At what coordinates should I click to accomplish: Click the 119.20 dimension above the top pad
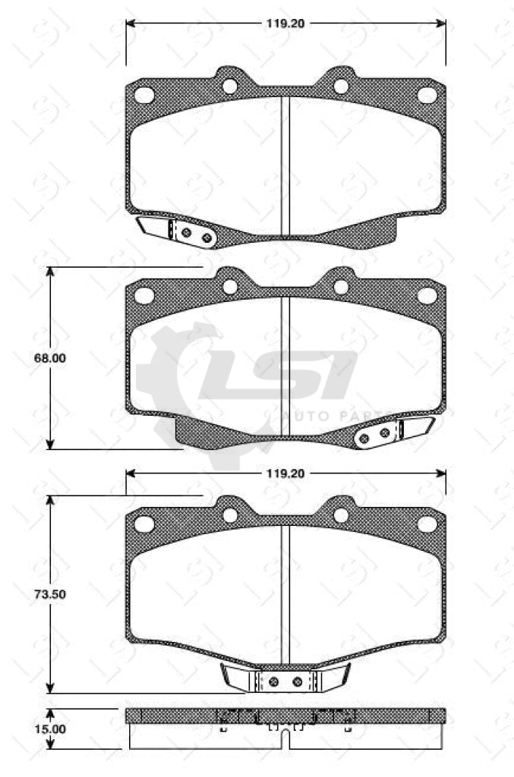pyautogui.click(x=285, y=23)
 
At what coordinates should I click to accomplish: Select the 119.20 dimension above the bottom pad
pyautogui.click(x=285, y=473)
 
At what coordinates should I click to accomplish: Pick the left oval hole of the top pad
pyautogui.click(x=143, y=95)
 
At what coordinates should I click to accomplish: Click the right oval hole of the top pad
pyautogui.click(x=427, y=95)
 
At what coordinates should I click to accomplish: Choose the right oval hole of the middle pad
pyautogui.click(x=427, y=295)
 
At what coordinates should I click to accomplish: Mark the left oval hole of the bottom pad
pyautogui.click(x=143, y=524)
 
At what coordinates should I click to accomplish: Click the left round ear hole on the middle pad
pyautogui.click(x=229, y=287)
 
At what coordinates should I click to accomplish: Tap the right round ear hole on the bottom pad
pyautogui.click(x=341, y=515)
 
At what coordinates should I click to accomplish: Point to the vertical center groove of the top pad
pyautogui.click(x=285, y=163)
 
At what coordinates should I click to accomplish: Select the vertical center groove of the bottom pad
pyautogui.click(x=285, y=592)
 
